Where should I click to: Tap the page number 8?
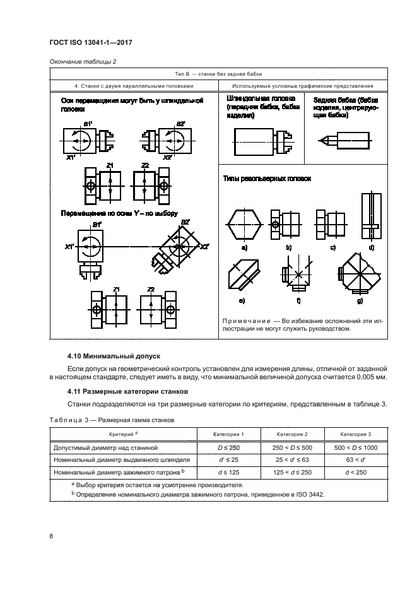click(50, 536)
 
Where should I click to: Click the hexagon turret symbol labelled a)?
click(243, 225)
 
